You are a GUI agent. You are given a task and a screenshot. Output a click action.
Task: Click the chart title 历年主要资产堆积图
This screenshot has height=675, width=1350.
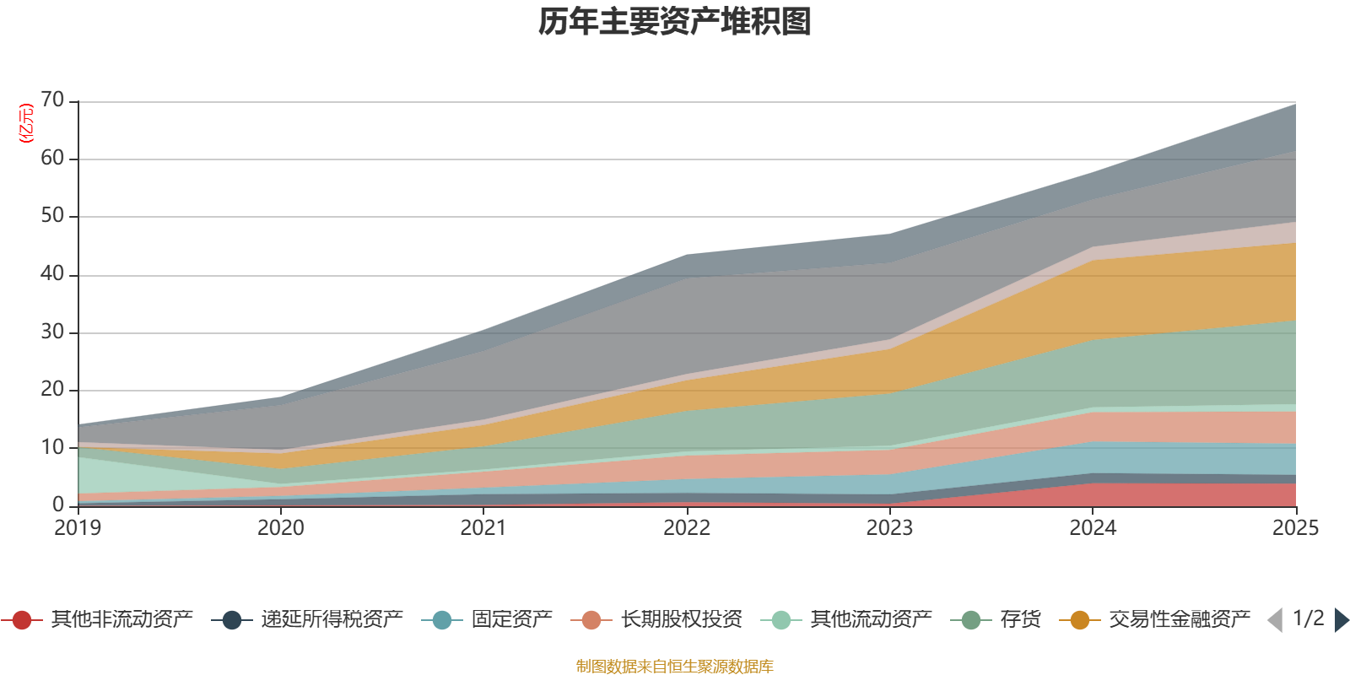click(675, 22)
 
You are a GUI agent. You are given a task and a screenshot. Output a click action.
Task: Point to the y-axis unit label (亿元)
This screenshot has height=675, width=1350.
click(26, 123)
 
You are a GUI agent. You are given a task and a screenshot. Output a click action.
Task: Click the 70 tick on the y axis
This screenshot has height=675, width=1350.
click(52, 100)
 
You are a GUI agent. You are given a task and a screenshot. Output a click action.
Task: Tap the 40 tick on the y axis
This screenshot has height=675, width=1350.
click(52, 274)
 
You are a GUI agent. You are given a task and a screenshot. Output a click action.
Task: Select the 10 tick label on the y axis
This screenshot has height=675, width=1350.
click(52, 447)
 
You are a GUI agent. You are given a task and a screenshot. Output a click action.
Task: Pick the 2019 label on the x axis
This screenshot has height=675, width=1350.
click(78, 528)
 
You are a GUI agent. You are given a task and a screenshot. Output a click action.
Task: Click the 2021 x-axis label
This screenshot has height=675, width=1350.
click(483, 528)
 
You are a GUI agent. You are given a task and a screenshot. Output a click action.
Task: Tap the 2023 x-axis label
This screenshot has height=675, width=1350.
click(889, 528)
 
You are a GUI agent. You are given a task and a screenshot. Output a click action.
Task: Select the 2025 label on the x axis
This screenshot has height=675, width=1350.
click(1295, 528)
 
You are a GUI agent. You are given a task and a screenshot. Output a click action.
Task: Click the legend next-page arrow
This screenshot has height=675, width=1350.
click(1341, 620)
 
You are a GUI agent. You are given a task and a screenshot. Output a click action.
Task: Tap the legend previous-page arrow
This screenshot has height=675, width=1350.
click(1275, 620)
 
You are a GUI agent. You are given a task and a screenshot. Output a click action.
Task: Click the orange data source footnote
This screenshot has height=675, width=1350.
click(675, 667)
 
